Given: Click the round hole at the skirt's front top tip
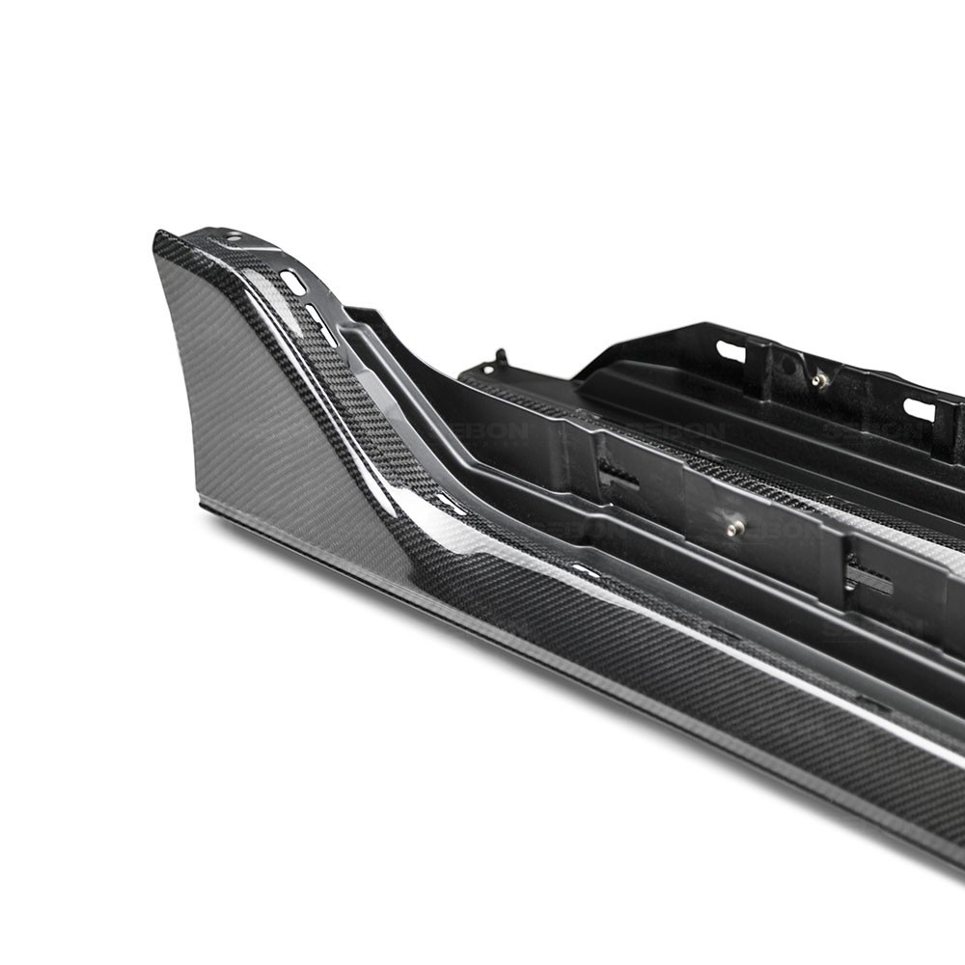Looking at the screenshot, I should tap(232, 237).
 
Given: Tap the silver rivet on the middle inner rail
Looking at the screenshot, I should tap(735, 527).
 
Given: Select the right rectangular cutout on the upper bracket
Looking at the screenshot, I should tap(919, 409).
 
